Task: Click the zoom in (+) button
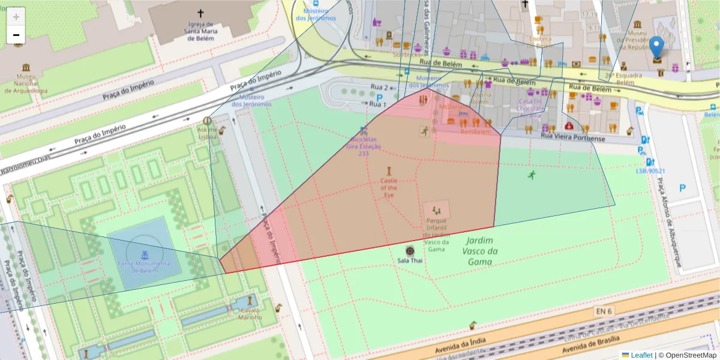click(16, 17)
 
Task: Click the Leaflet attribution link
click(641, 355)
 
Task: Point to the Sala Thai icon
click(410, 251)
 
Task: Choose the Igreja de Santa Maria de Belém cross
click(200, 13)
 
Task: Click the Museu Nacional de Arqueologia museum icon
click(25, 68)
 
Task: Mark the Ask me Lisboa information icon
click(208, 121)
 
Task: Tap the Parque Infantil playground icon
click(436, 210)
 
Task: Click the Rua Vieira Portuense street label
click(573, 137)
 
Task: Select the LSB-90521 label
click(650, 171)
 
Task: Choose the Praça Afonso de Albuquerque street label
click(667, 222)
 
